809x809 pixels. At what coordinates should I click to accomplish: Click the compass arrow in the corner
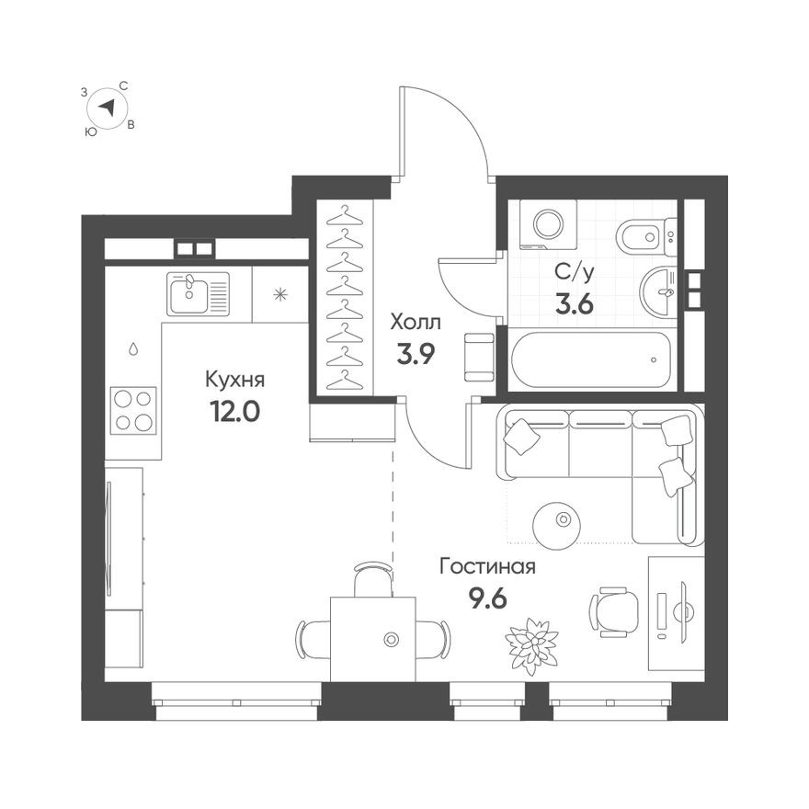point(108,108)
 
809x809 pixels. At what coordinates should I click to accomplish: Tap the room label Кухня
point(235,379)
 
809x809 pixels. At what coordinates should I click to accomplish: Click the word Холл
point(416,323)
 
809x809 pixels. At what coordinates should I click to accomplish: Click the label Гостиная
point(487,567)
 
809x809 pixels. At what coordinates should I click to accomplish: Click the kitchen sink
point(198,294)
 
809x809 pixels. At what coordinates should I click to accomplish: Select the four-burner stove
point(133,410)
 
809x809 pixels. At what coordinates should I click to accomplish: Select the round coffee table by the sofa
point(560,521)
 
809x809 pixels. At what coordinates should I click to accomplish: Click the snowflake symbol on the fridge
point(279,294)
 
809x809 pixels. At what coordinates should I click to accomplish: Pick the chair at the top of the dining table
point(372,580)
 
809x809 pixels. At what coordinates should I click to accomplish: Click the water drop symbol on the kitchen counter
point(133,349)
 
